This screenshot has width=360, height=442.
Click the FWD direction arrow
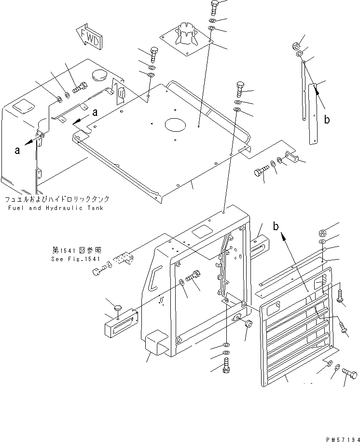point(89,38)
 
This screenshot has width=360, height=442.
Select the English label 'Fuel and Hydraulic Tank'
point(55,208)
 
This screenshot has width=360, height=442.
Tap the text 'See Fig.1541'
point(75,259)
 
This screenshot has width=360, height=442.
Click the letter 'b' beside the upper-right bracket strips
point(327,120)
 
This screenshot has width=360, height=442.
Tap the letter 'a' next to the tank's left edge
point(17,150)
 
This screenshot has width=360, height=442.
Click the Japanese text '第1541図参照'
point(74,250)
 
